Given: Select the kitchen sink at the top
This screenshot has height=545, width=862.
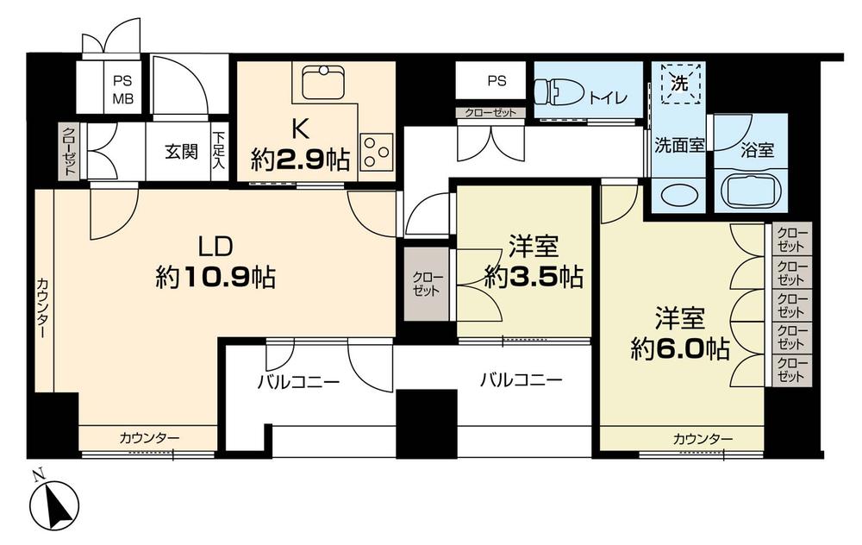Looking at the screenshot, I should (x=323, y=82).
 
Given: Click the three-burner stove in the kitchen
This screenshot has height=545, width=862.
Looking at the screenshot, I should (x=376, y=153).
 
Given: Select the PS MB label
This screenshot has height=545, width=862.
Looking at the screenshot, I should (x=121, y=88).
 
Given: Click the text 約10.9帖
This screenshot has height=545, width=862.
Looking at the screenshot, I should (x=215, y=277).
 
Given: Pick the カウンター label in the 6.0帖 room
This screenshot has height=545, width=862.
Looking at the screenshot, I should (x=703, y=440).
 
